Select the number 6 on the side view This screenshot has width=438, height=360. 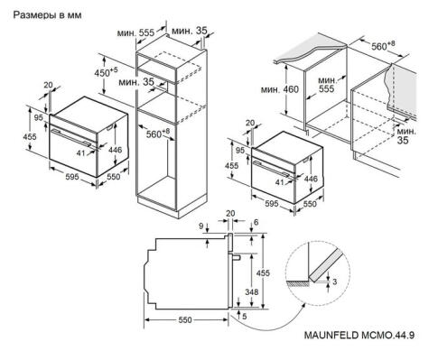coord(256,221)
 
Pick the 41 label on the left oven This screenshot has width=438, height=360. coord(79,154)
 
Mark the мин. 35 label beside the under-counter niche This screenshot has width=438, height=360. coord(406,135)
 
